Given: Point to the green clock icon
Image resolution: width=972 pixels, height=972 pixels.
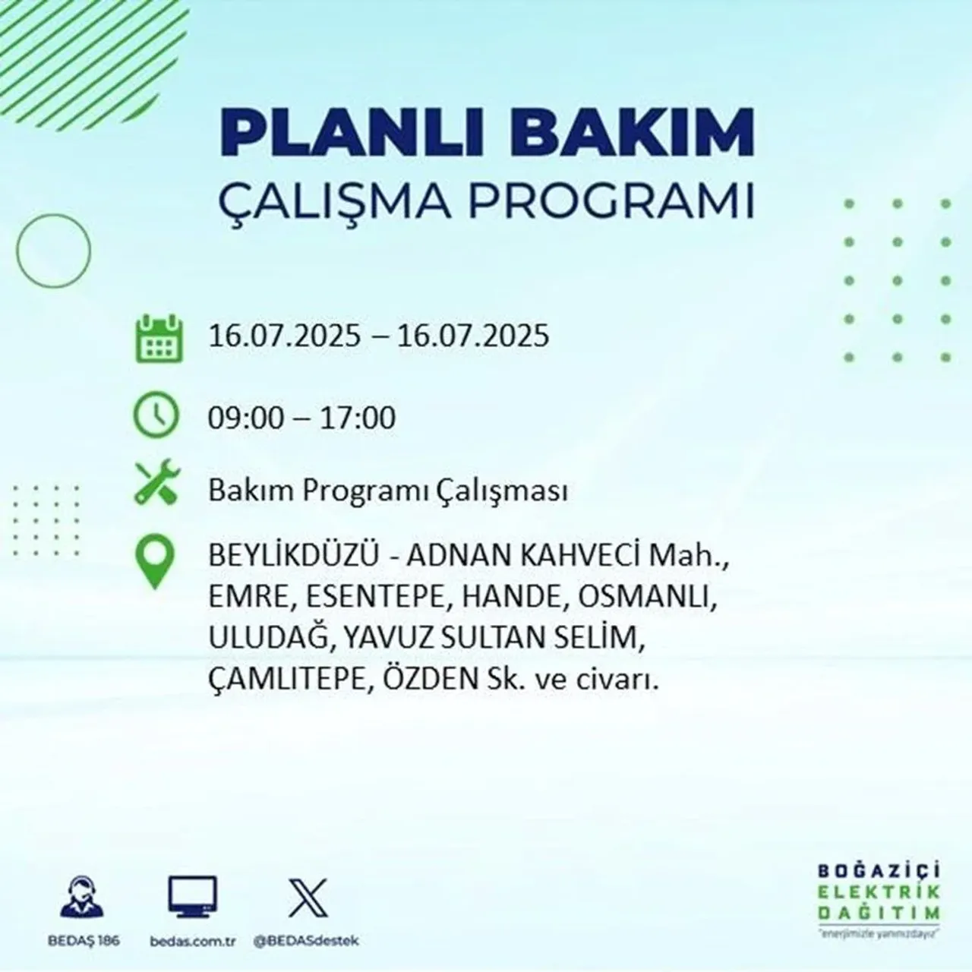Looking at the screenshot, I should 156,416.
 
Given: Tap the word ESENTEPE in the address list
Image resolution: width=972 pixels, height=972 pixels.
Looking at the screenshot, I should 375,598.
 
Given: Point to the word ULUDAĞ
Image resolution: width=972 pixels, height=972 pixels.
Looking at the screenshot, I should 269,639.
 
